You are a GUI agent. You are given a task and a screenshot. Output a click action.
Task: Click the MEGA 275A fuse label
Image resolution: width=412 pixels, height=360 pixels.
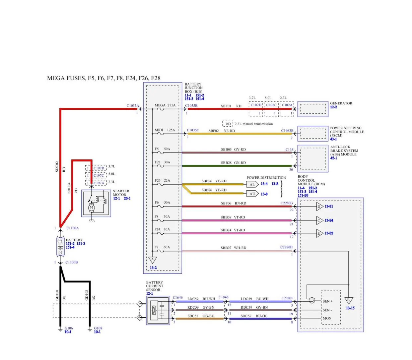click(165, 105)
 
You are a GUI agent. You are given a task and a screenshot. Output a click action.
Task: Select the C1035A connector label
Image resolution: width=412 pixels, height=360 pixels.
click(132, 105)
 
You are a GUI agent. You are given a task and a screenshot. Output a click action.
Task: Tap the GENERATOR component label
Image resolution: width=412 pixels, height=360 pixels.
click(341, 103)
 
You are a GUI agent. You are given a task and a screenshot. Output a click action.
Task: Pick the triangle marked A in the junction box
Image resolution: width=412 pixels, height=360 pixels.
click(153, 260)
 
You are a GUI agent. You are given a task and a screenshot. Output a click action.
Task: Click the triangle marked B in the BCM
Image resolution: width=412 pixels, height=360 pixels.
click(349, 300)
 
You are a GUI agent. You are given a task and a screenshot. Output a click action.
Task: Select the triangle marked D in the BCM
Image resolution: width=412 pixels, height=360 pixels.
click(319, 207)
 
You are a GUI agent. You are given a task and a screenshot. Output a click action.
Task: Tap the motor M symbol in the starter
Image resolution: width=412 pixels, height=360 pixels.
click(92, 207)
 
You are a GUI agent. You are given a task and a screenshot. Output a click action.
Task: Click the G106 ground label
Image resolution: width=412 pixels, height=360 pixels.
click(68, 328)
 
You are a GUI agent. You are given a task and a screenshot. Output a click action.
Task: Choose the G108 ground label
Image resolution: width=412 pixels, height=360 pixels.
click(98, 328)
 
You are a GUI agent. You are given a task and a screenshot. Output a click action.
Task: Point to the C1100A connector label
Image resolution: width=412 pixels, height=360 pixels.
click(73, 228)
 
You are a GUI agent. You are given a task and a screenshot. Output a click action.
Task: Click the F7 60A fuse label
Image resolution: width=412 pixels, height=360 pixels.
click(162, 247)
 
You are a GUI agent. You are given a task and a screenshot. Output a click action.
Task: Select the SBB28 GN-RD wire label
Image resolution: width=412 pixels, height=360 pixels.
click(233, 162)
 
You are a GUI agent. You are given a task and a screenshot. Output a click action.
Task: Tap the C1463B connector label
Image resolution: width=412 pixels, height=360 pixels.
click(287, 130)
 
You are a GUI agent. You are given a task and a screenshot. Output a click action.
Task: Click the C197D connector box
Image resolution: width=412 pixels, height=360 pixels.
click(96, 168)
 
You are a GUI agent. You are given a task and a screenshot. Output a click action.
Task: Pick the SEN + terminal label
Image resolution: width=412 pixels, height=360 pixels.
click(328, 301)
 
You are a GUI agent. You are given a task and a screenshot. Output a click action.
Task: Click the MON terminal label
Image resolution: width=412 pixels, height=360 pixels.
click(327, 318)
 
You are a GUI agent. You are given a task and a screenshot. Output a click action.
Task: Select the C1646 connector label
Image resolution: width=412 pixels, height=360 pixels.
click(177, 297)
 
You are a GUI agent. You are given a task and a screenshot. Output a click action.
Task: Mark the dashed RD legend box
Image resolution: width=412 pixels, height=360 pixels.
click(228, 124)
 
